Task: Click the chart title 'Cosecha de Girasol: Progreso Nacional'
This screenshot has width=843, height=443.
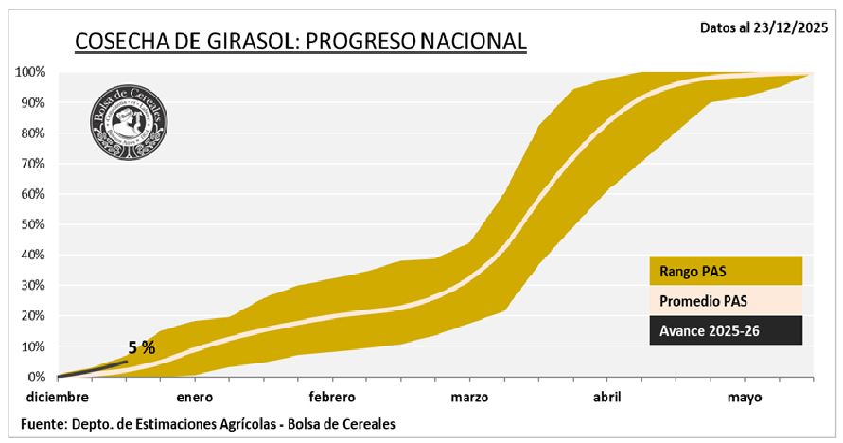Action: click(299, 41)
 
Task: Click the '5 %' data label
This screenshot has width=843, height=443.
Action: click(142, 347)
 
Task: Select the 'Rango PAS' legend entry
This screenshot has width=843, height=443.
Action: click(725, 271)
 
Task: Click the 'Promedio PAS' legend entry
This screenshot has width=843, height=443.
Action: click(725, 300)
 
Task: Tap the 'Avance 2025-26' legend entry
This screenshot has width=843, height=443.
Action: click(725, 330)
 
